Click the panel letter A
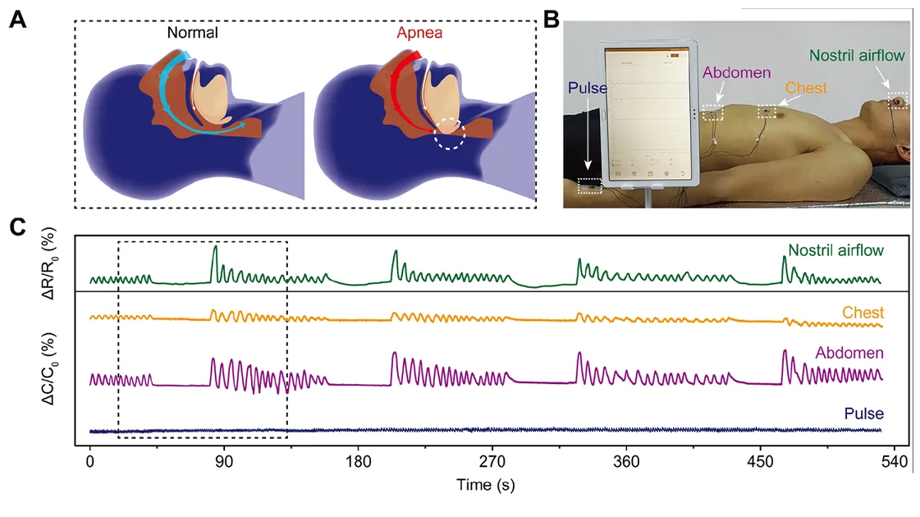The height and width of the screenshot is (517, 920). (17, 20)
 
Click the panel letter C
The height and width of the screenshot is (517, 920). (17, 226)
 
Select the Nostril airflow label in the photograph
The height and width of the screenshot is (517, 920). (857, 56)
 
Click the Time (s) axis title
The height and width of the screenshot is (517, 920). (485, 486)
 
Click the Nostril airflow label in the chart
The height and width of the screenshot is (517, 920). (835, 249)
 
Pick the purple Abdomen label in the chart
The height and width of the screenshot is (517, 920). (849, 354)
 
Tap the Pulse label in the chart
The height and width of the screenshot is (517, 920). (863, 414)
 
